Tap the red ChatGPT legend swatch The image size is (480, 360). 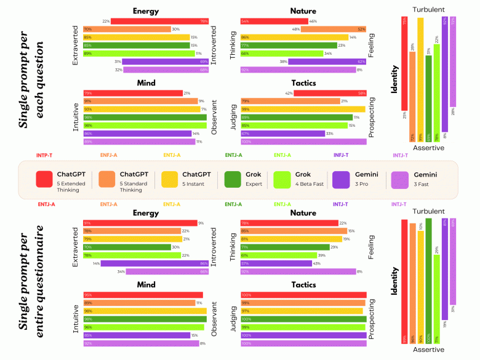44,178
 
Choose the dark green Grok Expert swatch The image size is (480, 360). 234,178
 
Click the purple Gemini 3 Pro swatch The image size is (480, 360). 342,178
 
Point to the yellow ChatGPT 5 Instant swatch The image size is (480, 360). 170,178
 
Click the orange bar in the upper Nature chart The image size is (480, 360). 333,30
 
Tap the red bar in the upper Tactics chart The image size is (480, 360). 330,94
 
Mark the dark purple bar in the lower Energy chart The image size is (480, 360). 154,263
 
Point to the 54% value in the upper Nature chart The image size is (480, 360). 245,22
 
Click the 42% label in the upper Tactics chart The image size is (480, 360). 288,94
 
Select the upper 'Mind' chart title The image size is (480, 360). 146,82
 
